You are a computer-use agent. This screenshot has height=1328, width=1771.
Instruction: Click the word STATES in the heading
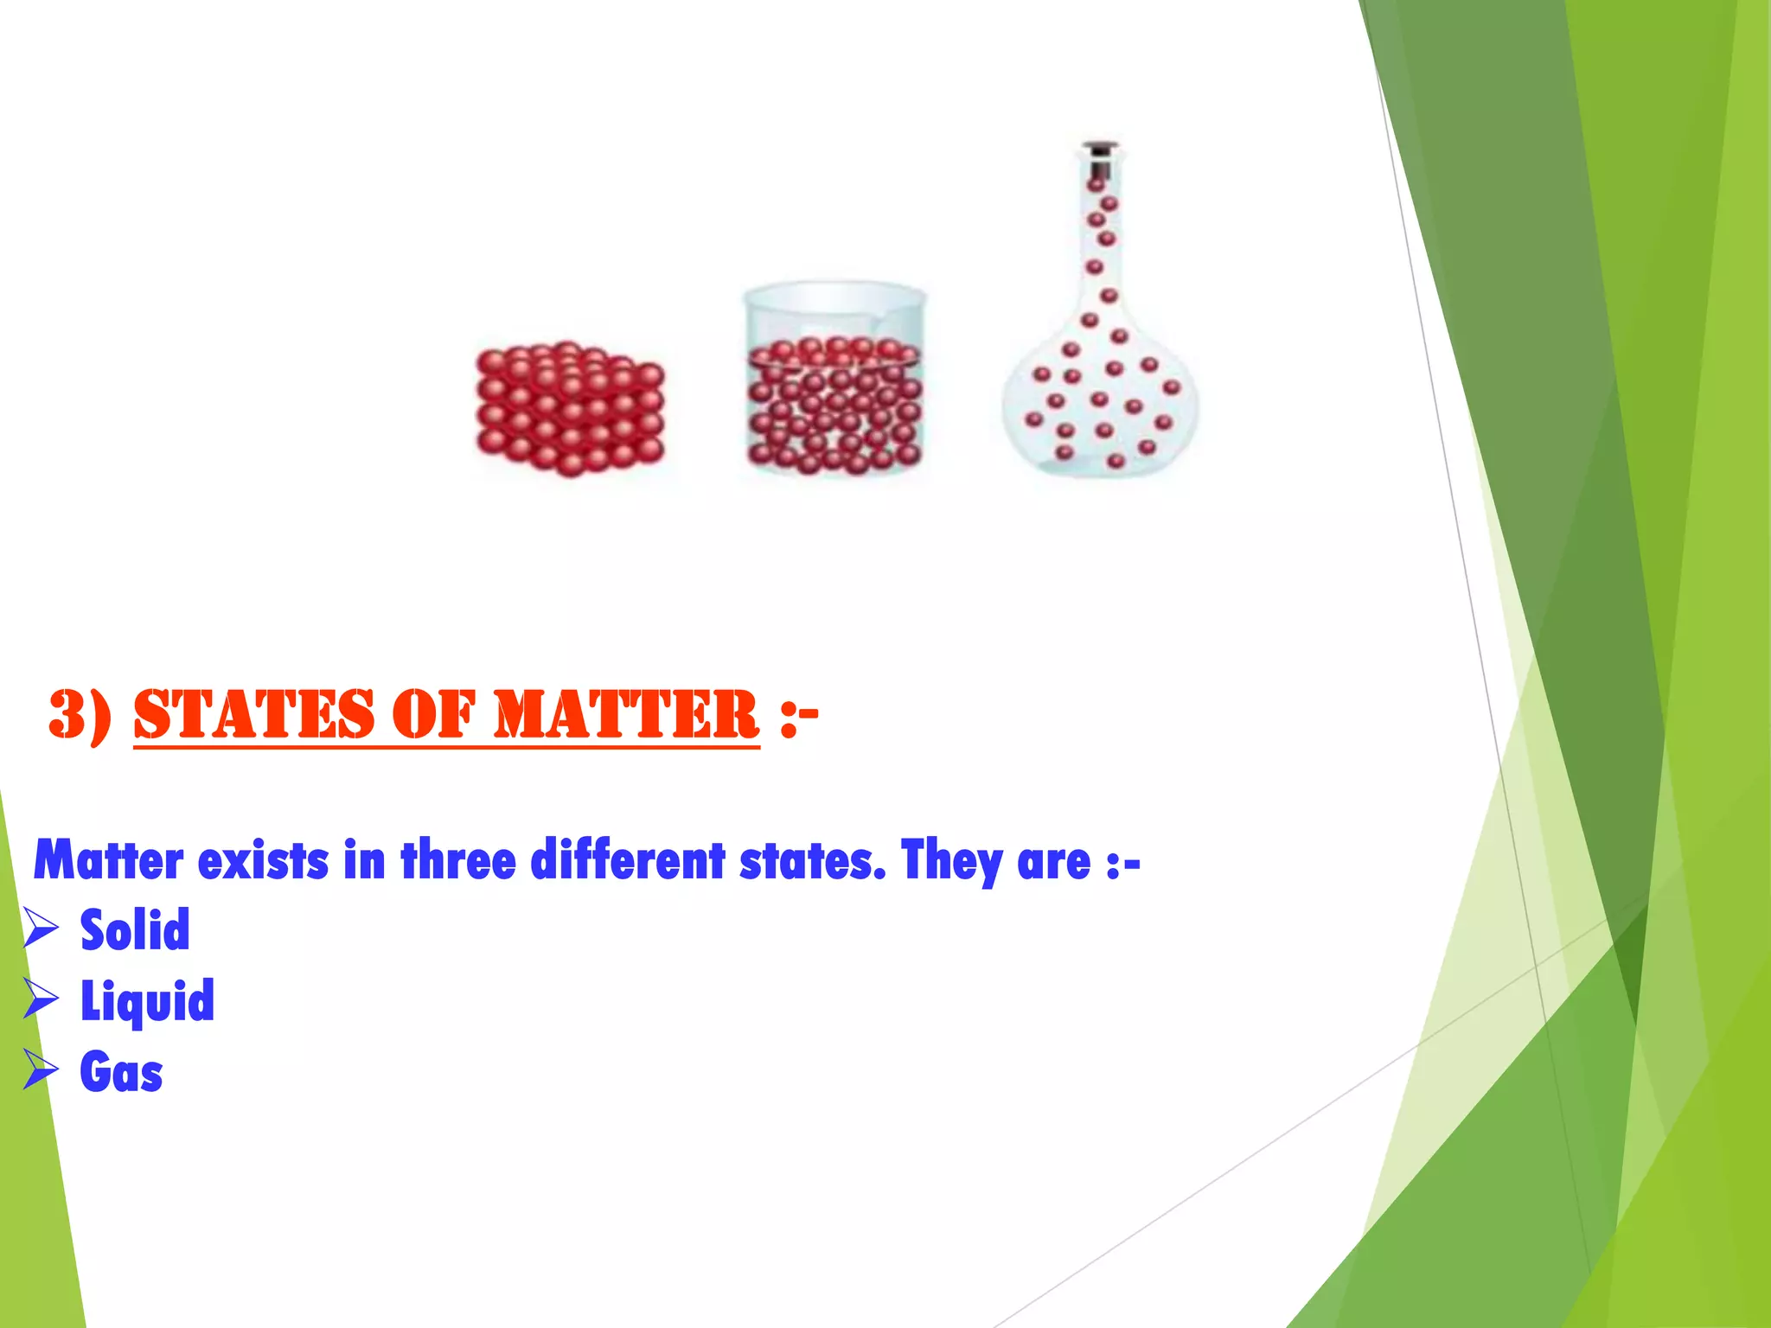[x=253, y=715]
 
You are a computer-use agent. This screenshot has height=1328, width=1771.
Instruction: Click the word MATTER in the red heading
[x=625, y=715]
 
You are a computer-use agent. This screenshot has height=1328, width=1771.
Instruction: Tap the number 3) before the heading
[x=80, y=715]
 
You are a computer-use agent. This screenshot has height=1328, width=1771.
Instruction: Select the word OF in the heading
[x=433, y=715]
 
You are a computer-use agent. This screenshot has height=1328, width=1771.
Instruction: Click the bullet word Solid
[x=135, y=930]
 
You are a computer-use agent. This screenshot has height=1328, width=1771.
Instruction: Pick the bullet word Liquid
[x=147, y=1001]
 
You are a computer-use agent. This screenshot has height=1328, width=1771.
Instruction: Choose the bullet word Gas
[x=121, y=1073]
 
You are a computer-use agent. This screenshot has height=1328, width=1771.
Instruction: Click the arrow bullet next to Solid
[x=41, y=929]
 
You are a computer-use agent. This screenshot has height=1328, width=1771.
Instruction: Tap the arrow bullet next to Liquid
[x=41, y=1000]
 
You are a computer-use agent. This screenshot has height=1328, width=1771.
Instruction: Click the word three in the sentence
[x=458, y=861]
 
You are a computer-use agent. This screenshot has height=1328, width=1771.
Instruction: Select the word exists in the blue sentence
[x=263, y=861]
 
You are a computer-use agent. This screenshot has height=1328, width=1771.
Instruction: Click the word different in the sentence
[x=627, y=861]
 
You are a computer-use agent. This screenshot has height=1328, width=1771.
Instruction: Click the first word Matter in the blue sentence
[x=109, y=861]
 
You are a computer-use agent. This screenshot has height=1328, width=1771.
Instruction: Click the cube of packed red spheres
[x=570, y=409]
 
